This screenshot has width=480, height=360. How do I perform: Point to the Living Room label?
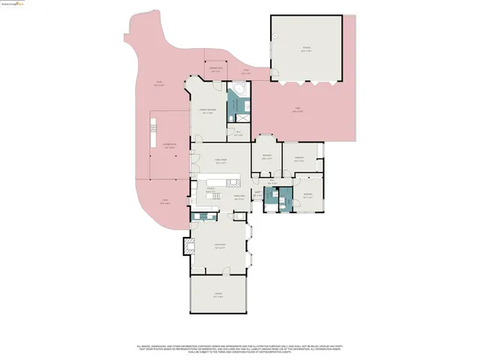tap(220, 247)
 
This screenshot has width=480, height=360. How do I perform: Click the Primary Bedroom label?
tap(208, 112)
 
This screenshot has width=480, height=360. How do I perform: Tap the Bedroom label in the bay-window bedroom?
tap(266, 157)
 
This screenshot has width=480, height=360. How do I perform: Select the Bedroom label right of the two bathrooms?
tap(307, 195)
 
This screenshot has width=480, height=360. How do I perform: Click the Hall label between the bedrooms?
tap(274, 182)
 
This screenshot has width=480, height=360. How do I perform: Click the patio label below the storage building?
tap(296, 110)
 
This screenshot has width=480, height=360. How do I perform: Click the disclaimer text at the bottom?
tap(240, 349)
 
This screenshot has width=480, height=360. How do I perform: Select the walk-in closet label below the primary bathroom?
tap(238, 133)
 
